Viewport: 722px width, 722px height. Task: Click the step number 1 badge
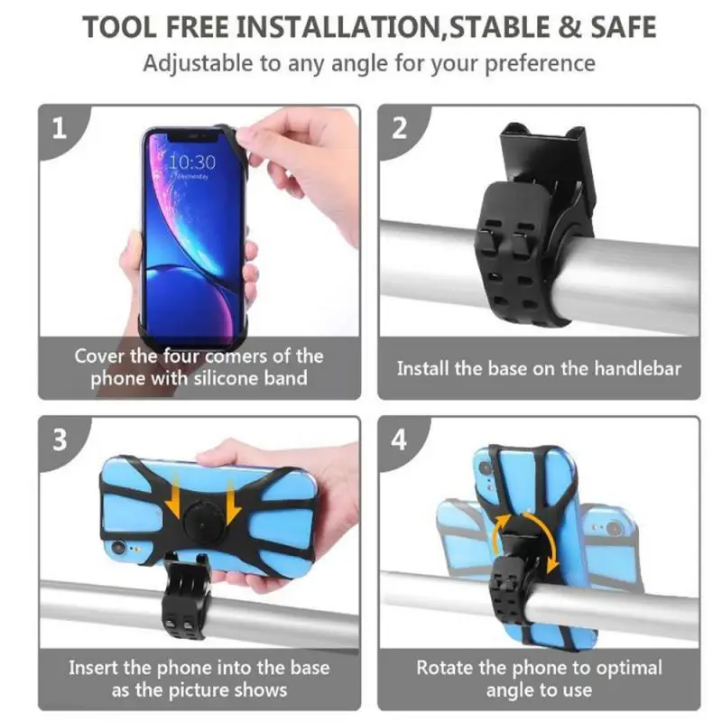pos(60,128)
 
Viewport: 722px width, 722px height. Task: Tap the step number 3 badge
pos(60,440)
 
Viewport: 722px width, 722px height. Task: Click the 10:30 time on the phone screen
pos(191,162)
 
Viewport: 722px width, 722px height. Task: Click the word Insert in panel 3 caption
pos(97,669)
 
